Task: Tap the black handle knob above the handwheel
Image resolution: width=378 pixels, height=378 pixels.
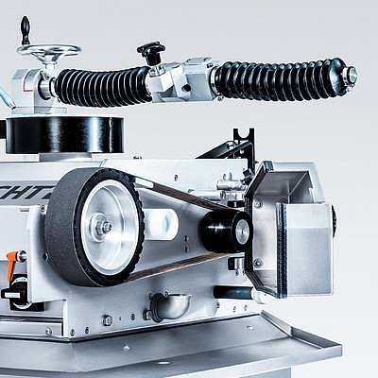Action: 25,27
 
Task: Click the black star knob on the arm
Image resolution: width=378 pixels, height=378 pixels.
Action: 150,50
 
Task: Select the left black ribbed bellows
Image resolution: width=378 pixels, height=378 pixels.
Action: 99,87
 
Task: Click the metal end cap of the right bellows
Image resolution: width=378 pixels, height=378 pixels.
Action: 349,75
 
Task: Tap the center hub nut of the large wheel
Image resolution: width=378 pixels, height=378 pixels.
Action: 105,227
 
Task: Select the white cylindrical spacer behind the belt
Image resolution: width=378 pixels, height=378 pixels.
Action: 162,224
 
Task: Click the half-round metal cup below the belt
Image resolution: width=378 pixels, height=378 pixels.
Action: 168,304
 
